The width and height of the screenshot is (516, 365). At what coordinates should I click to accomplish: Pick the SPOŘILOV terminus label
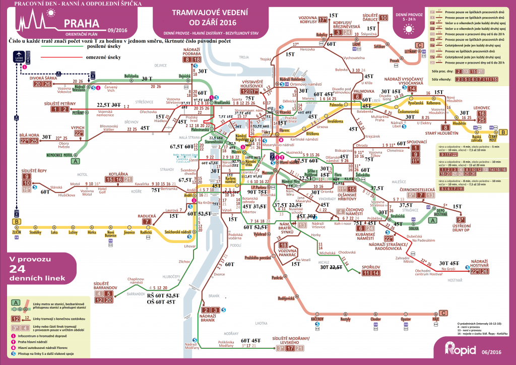pyautogui.click(x=370, y=267)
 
